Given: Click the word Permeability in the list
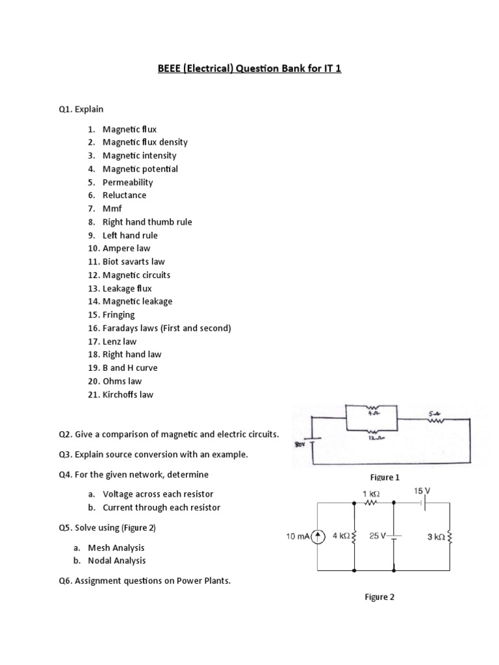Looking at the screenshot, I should tap(127, 182).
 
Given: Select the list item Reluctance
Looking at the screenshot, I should tap(124, 195).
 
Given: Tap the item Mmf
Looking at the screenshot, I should tap(112, 208).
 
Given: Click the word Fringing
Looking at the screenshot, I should tap(118, 314).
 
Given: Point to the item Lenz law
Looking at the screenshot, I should tap(120, 341).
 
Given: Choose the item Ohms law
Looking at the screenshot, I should tap(122, 381).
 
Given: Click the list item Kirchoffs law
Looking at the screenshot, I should tap(128, 394).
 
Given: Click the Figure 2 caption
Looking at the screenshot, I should tap(379, 597).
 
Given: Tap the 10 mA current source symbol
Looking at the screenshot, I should tap(318, 536).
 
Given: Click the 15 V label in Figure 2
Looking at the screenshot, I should tap(422, 492).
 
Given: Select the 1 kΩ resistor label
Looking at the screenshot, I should tap(371, 494).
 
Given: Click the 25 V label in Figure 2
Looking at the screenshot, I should tap(377, 536).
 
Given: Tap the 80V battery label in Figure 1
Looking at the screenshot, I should tap(300, 445).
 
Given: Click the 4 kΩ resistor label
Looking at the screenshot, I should tap(340, 536).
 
